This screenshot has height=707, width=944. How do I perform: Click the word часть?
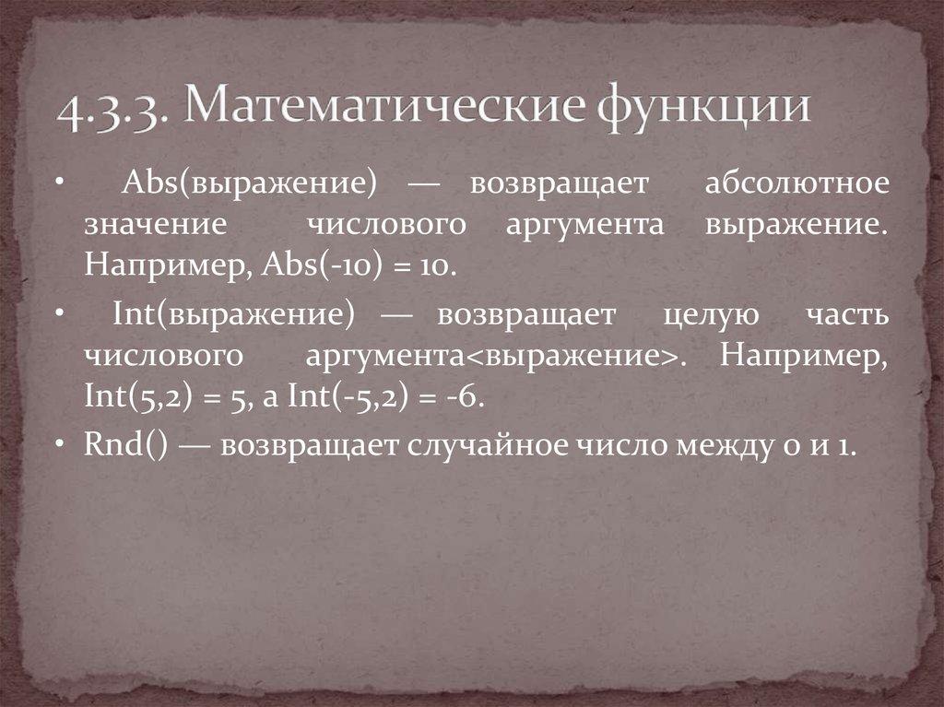[x=844, y=316]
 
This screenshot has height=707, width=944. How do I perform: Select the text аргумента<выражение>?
[x=492, y=358]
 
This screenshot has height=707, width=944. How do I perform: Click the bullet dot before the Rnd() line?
[x=59, y=445]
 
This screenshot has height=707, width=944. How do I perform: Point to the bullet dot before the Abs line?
[x=59, y=183]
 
